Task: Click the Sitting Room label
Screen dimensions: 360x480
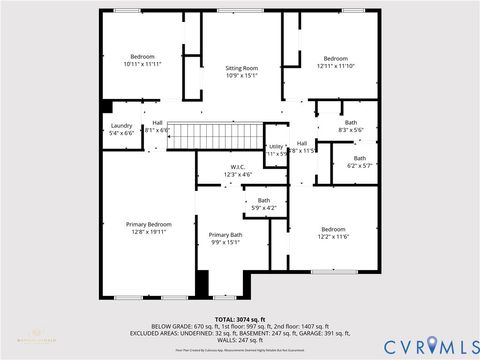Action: coord(242,70)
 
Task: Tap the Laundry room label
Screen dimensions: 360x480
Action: coord(121,129)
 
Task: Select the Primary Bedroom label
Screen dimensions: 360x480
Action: coord(149,228)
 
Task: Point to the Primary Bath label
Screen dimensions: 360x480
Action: coord(225,238)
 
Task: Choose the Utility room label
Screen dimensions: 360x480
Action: coord(277,150)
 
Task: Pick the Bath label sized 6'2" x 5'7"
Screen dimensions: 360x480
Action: coord(359,161)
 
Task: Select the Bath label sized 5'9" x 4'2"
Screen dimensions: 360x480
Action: coord(263,204)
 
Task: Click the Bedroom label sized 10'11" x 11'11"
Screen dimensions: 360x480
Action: coord(143,61)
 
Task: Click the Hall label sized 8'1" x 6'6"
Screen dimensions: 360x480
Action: coord(157,127)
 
